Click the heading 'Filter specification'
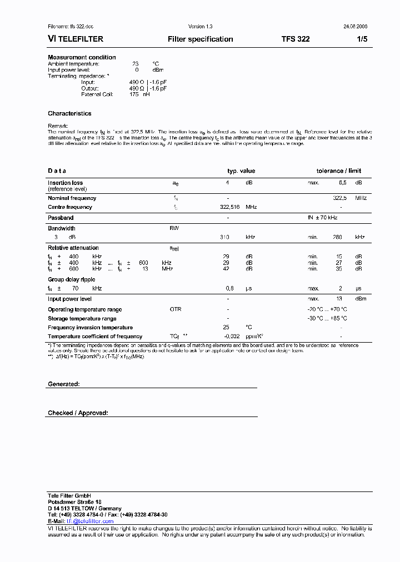(200, 39)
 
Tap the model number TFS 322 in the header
(296, 39)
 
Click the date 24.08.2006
(356, 27)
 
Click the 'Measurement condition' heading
(82, 57)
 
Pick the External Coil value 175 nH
(139, 94)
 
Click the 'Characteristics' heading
(69, 113)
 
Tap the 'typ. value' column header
(241, 171)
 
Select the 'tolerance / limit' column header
(339, 171)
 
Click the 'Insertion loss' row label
(65, 183)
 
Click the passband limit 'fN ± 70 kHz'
(329, 218)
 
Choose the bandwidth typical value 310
(224, 237)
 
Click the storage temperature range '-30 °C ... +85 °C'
(327, 319)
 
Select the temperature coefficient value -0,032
(232, 337)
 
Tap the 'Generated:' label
(64, 384)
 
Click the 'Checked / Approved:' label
(78, 413)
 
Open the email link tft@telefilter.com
(90, 521)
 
